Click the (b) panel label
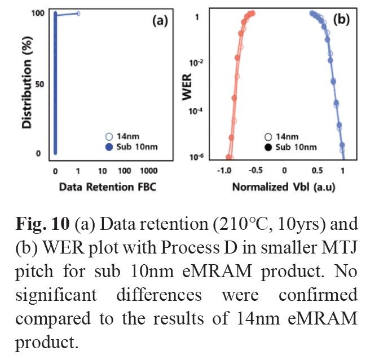point(341,21)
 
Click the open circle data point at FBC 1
point(78,13)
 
